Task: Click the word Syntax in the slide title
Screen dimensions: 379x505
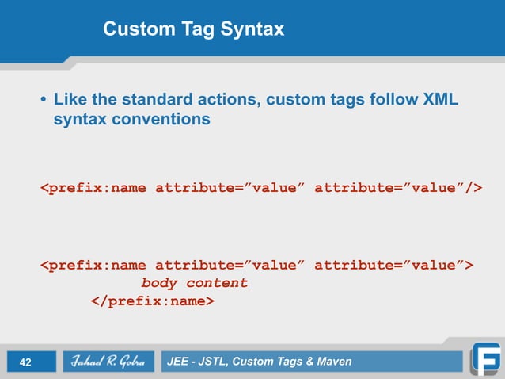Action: pyautogui.click(x=255, y=30)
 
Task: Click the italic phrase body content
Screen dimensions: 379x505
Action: pyautogui.click(x=194, y=283)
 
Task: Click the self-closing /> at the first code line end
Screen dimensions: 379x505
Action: pyautogui.click(x=473, y=188)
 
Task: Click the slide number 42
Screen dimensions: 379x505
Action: pyautogui.click(x=25, y=362)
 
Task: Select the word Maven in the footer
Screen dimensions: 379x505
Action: pyautogui.click(x=332, y=362)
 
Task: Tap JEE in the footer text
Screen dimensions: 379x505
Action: pyautogui.click(x=179, y=362)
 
